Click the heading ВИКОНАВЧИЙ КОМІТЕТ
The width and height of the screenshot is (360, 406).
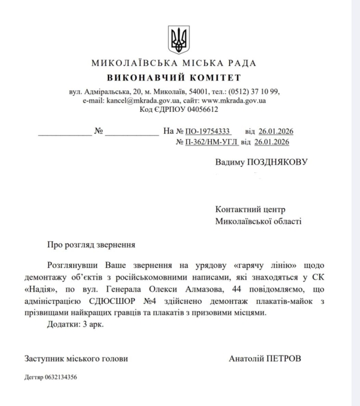click(174, 78)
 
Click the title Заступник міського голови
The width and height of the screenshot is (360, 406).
click(76, 358)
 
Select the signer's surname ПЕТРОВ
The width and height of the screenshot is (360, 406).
click(282, 358)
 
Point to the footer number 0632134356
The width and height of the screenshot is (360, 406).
click(60, 377)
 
